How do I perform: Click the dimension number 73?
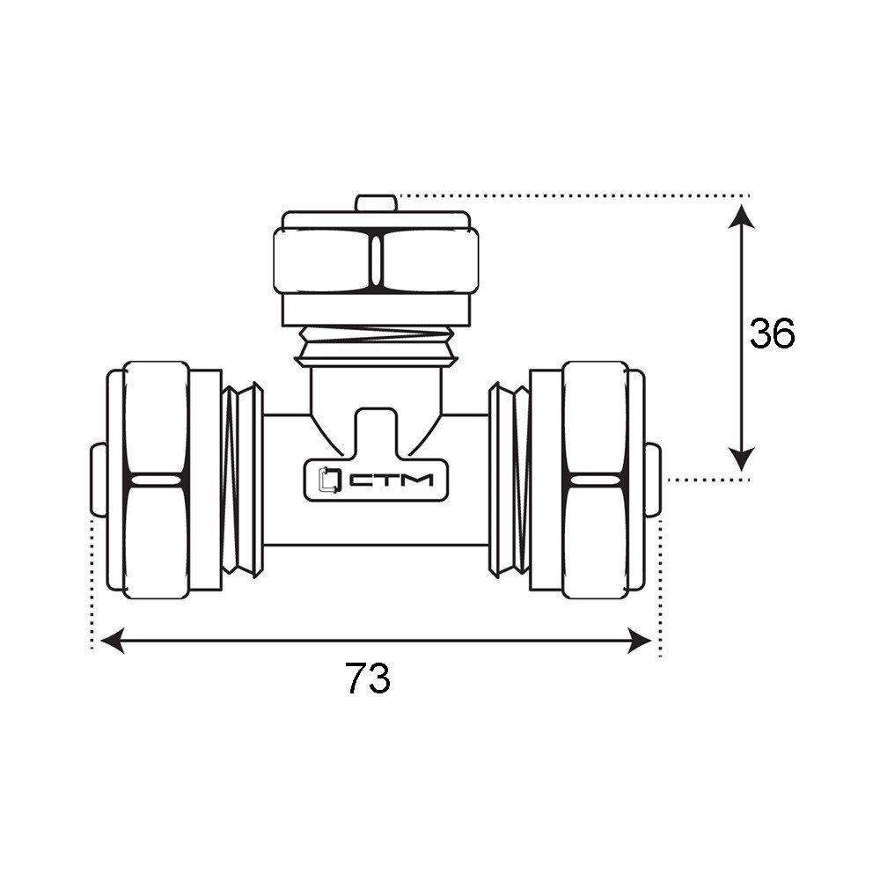[367, 678]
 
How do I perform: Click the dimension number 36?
[773, 333]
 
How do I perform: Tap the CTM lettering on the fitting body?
[392, 480]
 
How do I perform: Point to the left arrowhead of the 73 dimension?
[113, 641]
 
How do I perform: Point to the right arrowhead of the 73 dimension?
[639, 641]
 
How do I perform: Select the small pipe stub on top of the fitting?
[377, 202]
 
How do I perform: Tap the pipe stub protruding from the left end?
[99, 480]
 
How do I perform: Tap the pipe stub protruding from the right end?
[653, 480]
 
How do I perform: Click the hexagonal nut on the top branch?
[376, 260]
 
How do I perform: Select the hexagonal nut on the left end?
[156, 480]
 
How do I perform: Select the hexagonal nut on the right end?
[596, 480]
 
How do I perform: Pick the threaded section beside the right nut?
[509, 480]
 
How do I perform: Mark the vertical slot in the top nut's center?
[376, 261]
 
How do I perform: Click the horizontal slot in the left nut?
[157, 480]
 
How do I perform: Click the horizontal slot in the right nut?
[596, 480]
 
